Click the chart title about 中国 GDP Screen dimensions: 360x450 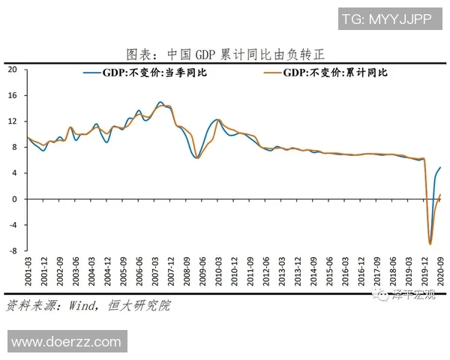tap(225, 55)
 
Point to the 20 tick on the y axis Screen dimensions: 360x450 tap(12, 70)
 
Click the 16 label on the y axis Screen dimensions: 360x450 tap(12, 96)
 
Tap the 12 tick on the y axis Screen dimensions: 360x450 tap(12, 121)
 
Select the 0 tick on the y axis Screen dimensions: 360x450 tap(14, 199)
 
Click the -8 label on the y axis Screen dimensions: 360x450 tap(12, 251)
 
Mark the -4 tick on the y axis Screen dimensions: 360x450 tap(12, 225)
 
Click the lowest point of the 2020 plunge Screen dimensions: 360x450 tap(430, 244)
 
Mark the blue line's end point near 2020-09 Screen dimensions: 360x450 tap(440, 167)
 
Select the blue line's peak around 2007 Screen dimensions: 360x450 tap(160, 102)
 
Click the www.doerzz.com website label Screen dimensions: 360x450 tap(66, 341)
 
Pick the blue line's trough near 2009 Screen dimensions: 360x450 tap(196, 157)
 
